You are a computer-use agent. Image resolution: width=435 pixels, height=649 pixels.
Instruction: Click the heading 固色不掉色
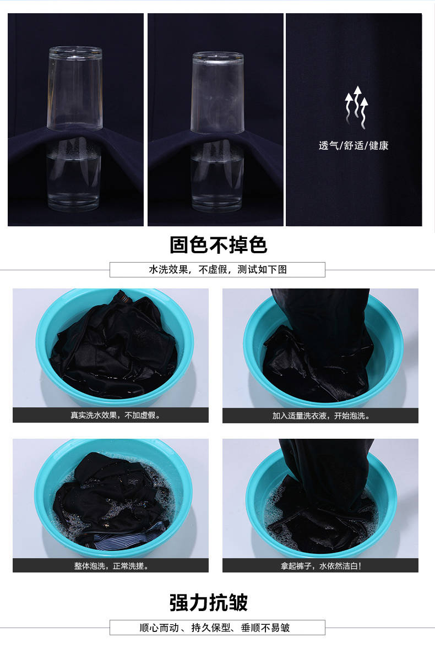tap(218, 244)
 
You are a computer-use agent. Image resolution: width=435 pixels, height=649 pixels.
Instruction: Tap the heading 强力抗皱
tap(209, 602)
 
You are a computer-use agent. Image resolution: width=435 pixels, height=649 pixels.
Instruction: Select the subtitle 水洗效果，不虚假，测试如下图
tap(218, 269)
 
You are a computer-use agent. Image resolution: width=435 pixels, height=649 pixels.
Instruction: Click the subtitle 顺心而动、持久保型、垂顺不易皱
tap(215, 628)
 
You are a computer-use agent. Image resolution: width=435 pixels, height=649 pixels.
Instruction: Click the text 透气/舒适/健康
tap(354, 146)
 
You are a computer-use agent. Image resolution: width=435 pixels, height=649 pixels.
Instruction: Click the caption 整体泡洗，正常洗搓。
tap(111, 566)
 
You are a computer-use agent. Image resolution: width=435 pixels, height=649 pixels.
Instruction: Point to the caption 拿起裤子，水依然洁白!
tap(321, 566)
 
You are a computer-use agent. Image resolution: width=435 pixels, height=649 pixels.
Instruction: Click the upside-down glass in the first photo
tap(75, 88)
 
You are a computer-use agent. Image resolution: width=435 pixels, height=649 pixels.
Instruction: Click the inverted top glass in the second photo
tap(218, 92)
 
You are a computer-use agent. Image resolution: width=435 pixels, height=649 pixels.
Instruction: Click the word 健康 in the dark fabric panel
tap(379, 146)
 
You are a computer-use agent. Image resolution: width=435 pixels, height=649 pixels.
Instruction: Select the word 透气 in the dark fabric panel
tap(329, 146)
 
